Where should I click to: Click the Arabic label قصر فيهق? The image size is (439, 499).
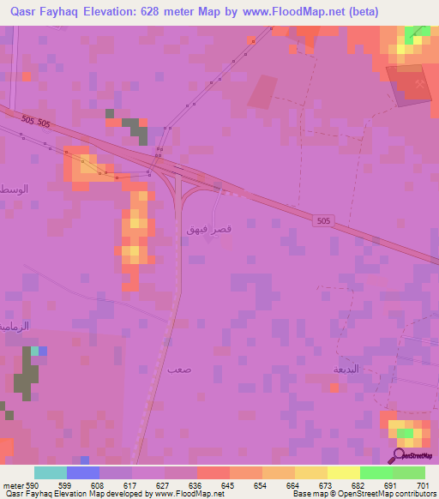[206, 230]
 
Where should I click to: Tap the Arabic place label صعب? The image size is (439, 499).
[179, 370]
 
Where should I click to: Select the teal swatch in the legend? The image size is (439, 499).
[51, 472]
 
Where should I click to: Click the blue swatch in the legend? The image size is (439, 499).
[83, 472]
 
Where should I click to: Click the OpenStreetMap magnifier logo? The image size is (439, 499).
[398, 455]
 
